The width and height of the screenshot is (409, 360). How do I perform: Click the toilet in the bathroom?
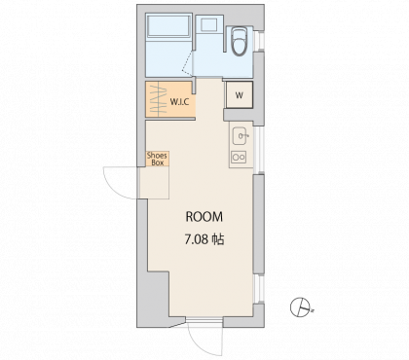tap(240, 42)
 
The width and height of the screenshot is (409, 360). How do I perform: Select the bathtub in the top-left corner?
tap(168, 27)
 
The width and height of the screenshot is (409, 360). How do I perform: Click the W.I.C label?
tap(179, 102)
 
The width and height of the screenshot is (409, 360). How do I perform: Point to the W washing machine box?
tap(240, 94)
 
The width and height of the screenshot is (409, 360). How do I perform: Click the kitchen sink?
tap(240, 136)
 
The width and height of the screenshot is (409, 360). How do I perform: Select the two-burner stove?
tap(239, 158)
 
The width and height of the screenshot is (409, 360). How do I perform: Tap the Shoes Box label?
tap(158, 159)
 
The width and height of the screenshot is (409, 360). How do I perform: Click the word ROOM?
tap(204, 217)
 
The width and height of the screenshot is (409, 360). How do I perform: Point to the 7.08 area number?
tap(197, 239)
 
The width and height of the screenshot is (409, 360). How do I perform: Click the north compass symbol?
tap(299, 307)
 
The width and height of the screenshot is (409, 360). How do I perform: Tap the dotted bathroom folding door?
tap(187, 62)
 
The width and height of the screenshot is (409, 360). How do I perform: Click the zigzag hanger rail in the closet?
tap(157, 99)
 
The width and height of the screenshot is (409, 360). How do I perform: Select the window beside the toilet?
tap(259, 41)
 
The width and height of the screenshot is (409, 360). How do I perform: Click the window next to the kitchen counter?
tap(259, 150)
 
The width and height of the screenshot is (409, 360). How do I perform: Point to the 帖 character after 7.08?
tap(218, 239)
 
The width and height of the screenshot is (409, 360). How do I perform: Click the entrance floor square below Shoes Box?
tap(154, 183)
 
